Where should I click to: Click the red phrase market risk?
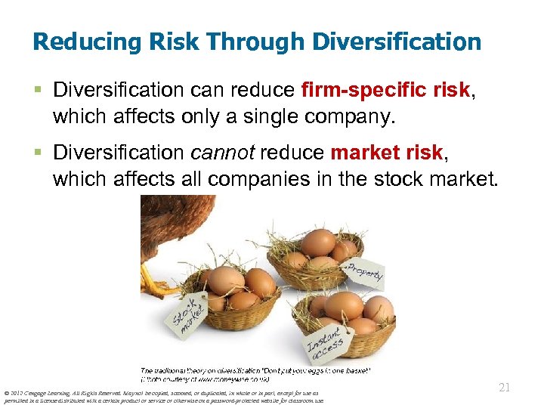point(385,153)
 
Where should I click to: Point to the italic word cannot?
point(224,153)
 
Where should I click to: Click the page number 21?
point(506,388)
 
